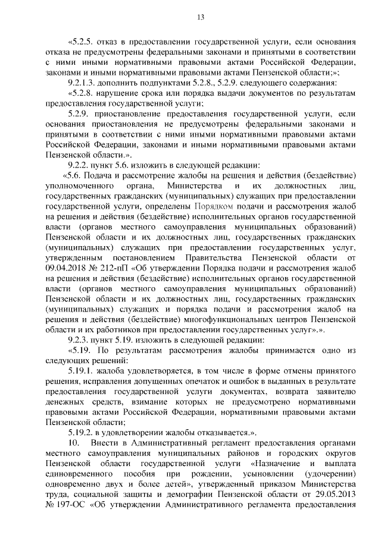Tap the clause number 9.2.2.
coord(81,165)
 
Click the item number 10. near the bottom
coord(73,442)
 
